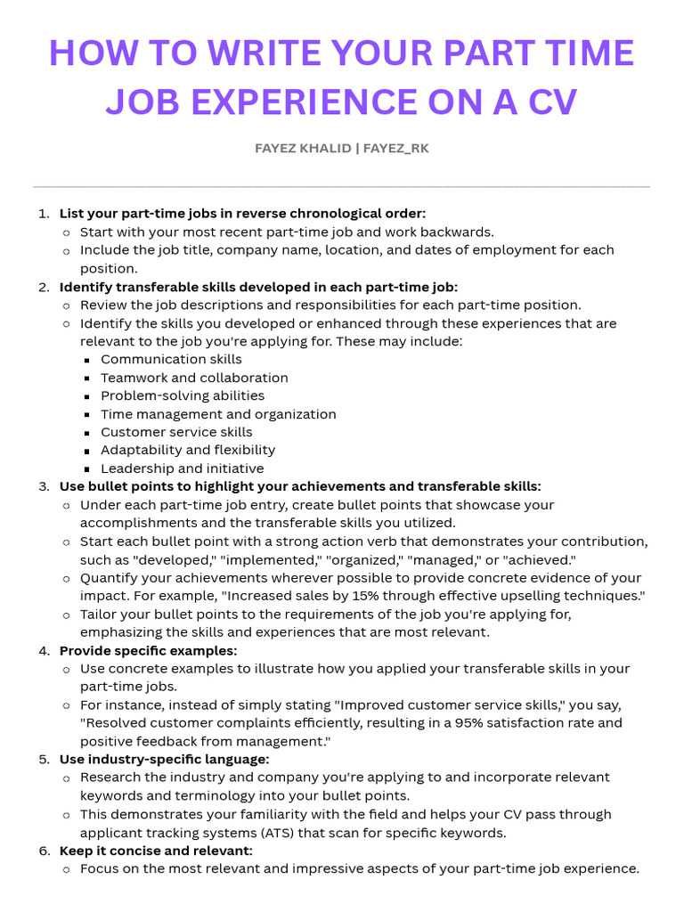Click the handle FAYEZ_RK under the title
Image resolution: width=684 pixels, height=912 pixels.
click(x=395, y=148)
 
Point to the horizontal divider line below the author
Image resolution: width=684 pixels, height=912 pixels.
click(x=342, y=187)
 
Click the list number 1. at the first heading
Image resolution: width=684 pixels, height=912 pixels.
click(x=44, y=214)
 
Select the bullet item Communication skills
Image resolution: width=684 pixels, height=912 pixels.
click(x=171, y=360)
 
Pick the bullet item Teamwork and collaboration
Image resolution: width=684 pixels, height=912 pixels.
click(x=194, y=378)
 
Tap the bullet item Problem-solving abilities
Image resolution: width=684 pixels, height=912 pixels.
click(x=183, y=395)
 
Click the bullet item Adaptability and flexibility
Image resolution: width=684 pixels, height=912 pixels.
click(x=188, y=451)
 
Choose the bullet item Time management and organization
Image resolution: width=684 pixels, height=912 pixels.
click(x=218, y=414)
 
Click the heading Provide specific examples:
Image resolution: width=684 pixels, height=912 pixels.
click(x=149, y=650)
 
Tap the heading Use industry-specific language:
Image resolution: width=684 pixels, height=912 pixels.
click(x=164, y=760)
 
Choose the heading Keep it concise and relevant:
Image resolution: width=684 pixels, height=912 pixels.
click(x=156, y=851)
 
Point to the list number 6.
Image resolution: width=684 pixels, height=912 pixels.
click(x=44, y=851)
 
